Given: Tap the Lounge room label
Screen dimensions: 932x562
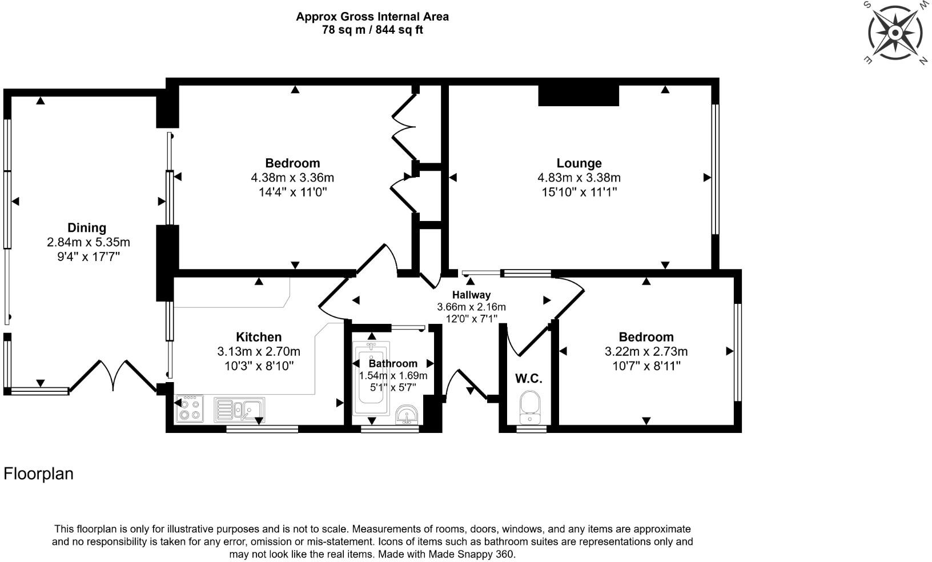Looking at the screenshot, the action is [579, 163].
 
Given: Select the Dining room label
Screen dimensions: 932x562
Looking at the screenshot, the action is [87, 227].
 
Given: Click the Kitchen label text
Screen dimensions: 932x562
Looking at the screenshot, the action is [258, 336].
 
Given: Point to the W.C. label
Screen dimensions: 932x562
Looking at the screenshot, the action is [528, 379].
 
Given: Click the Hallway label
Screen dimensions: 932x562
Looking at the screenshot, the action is [471, 295].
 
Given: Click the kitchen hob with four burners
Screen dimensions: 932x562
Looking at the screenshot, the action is [190, 408].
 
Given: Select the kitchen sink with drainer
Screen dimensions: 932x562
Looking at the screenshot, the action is [239, 410].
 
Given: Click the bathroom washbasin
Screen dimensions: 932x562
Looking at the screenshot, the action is [407, 414].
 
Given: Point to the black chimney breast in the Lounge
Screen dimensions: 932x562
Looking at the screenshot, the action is [579, 95].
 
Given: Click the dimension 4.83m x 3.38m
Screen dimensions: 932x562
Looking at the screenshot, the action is [579, 178].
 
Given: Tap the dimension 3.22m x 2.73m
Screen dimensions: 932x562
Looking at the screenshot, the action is [646, 351].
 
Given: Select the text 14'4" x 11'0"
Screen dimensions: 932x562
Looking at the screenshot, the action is [292, 192].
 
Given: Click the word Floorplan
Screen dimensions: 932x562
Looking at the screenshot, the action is [38, 474].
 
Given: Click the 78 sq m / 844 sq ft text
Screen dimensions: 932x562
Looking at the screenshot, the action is [372, 30].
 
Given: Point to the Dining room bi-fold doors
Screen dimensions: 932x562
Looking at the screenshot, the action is [113, 376].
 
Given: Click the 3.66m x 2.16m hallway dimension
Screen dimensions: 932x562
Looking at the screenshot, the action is [471, 307].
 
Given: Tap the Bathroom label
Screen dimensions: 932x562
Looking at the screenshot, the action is [393, 364].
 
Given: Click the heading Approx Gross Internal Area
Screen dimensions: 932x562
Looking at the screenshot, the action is [372, 17].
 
